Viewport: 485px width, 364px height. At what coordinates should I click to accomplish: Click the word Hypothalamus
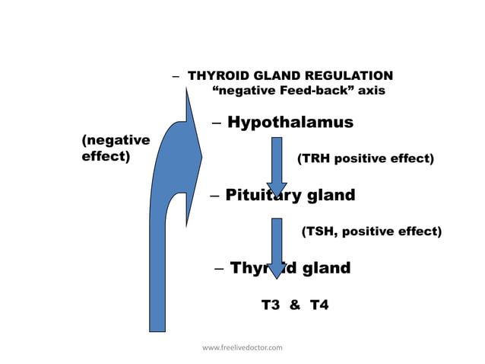click(290, 123)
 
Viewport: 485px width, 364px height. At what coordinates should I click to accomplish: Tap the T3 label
click(271, 305)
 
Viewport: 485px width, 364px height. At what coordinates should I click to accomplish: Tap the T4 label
click(319, 305)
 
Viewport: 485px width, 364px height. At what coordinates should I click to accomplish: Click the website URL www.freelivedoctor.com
click(242, 348)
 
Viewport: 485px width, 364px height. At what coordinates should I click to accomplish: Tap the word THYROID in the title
click(215, 76)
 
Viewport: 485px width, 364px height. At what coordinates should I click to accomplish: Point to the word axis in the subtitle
click(372, 91)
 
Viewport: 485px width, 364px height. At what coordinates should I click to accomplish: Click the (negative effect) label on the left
click(115, 148)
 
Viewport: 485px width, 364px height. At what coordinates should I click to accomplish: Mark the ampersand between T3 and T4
click(295, 305)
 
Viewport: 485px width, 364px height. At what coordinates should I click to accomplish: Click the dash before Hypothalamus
click(217, 123)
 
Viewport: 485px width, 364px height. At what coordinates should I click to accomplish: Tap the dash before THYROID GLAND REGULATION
click(176, 77)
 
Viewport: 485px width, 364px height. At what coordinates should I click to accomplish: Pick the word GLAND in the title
click(274, 76)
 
